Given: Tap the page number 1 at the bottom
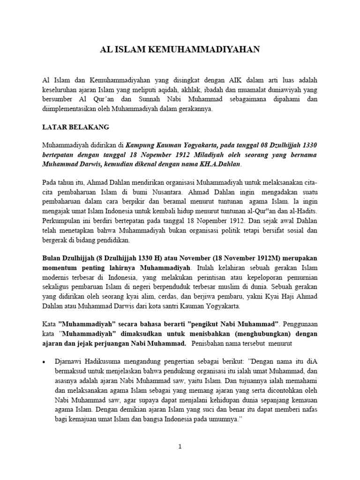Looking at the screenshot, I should point(180,447).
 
